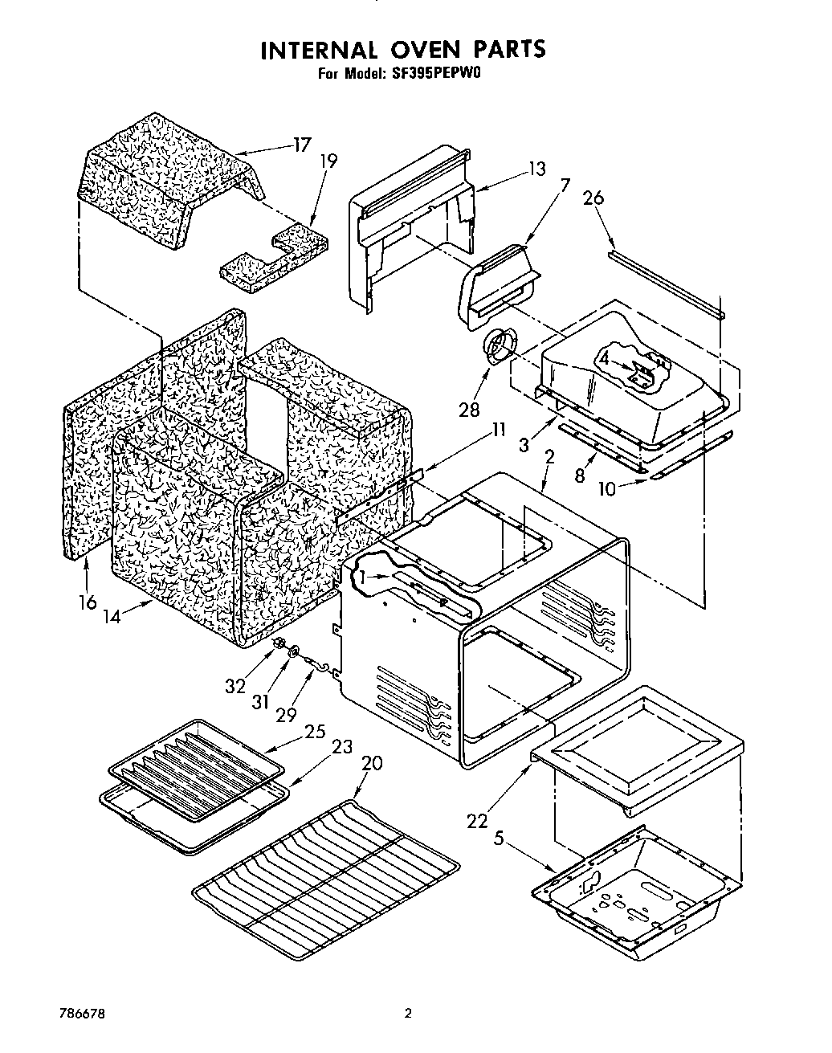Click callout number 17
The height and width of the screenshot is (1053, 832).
click(301, 146)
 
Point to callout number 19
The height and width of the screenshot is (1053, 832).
click(328, 161)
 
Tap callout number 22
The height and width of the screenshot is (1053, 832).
click(477, 820)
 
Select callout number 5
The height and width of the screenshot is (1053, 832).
click(498, 840)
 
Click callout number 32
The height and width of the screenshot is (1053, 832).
click(235, 686)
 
